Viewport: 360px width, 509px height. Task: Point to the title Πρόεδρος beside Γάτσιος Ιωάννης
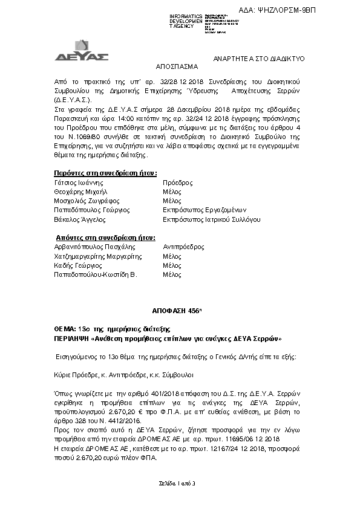point(178,182)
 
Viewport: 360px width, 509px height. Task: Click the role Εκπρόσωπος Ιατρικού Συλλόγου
point(212,219)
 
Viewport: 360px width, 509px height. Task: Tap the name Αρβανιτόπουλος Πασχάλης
point(94,247)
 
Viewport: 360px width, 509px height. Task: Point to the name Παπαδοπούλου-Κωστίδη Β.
point(96,274)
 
